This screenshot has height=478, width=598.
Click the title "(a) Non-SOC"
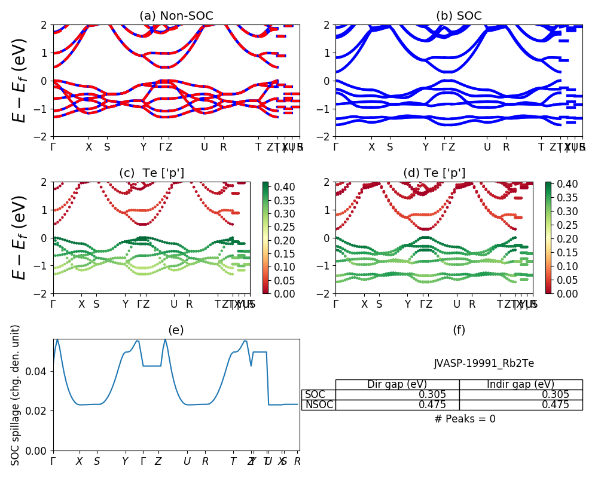(176, 16)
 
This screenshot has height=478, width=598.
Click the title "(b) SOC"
(459, 16)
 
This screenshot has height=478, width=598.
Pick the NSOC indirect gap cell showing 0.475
(520, 405)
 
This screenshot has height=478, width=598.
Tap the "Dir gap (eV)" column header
(397, 384)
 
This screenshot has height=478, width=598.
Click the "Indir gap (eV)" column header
(520, 384)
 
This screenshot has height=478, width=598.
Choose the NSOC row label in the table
(318, 405)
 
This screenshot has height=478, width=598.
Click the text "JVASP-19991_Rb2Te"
(484, 363)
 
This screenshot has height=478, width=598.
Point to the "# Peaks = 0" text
(465, 419)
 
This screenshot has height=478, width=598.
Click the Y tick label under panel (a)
(144, 147)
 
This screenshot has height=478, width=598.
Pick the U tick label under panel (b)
(487, 147)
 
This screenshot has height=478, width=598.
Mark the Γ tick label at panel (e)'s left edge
(53, 461)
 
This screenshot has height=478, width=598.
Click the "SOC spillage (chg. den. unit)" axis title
(16, 395)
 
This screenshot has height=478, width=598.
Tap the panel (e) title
(176, 330)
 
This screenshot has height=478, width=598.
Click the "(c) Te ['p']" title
(152, 173)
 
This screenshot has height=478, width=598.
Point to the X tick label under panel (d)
(365, 304)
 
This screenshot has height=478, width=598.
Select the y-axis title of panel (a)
(20, 81)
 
